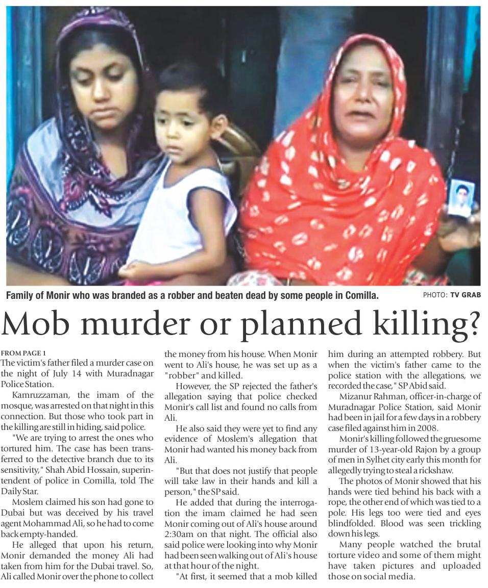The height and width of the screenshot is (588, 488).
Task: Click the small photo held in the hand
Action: click(x=461, y=198)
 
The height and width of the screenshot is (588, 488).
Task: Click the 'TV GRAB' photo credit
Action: click(x=465, y=295)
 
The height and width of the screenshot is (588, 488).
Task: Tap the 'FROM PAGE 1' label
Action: click(x=23, y=353)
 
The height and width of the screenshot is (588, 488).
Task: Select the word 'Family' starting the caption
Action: click(x=20, y=295)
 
